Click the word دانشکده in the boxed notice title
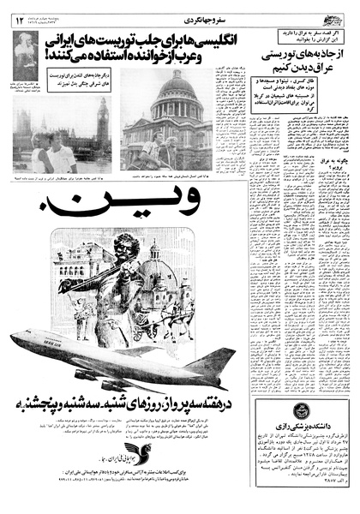326,433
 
